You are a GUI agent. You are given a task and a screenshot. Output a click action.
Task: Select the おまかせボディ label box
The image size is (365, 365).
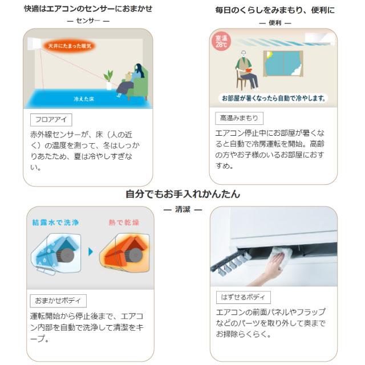coord(58,300)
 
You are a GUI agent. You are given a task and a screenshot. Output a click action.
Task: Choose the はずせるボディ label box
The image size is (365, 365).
coord(244,297)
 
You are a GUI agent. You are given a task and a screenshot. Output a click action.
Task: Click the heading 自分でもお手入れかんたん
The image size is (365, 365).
coord(182,194)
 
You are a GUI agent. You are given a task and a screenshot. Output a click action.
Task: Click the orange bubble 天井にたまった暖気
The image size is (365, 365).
coord(69,45)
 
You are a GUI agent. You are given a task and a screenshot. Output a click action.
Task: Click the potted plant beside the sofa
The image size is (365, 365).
coord(108,80)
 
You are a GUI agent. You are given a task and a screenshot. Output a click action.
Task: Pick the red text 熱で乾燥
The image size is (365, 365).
coord(124,222)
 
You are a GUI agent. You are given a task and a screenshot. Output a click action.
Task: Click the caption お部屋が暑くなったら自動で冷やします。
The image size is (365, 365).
coord(274,98)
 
